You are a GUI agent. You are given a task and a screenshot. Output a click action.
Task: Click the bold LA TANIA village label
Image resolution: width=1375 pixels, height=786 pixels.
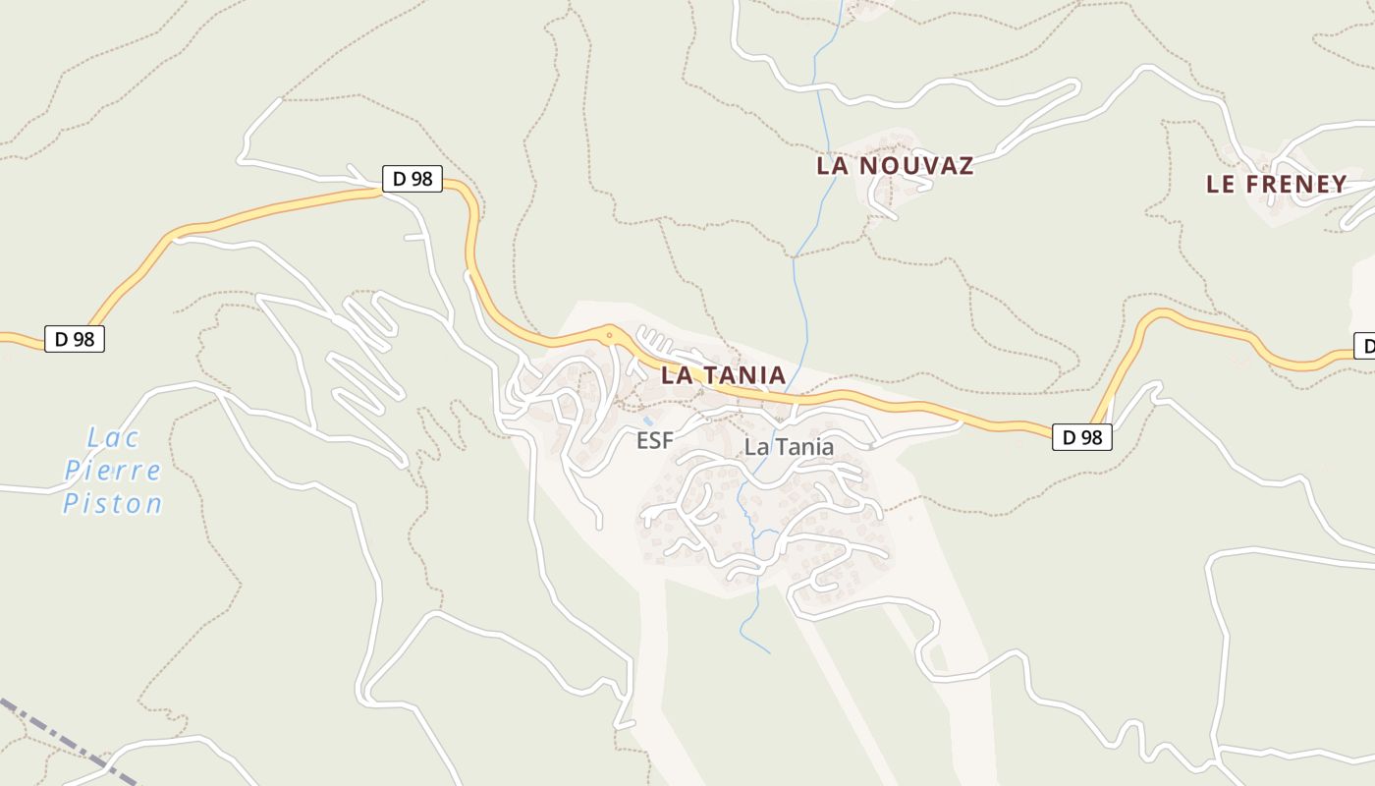coord(723,375)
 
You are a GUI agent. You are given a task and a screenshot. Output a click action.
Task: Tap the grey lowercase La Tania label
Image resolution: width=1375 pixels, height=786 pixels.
coord(789,447)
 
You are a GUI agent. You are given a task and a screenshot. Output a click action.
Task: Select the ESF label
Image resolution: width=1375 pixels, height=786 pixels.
coord(655,441)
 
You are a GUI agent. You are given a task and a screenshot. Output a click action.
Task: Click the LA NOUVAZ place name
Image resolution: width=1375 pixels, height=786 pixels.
coord(895,166)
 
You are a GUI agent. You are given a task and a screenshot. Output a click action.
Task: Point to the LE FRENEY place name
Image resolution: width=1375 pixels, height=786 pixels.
coord(1276,185)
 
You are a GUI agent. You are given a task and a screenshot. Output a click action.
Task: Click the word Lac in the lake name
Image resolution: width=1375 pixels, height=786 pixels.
coord(114,437)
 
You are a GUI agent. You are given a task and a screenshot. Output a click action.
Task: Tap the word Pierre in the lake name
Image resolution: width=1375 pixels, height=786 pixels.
coord(113,471)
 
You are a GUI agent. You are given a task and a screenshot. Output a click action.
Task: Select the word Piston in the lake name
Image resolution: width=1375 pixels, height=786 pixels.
coord(113,504)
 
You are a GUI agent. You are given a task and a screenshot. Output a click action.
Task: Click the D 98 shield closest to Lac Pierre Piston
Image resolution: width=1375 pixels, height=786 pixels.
coord(75,339)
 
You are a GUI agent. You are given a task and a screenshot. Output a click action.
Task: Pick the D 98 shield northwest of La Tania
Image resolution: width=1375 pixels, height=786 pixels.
coord(412,179)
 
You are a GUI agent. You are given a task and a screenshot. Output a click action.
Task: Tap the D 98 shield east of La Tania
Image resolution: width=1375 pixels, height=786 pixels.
coord(1082,437)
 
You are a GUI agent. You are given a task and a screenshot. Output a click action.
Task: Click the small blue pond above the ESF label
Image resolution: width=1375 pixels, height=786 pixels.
coord(647,421)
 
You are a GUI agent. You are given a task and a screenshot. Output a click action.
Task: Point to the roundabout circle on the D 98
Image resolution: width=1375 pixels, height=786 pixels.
coord(610,335)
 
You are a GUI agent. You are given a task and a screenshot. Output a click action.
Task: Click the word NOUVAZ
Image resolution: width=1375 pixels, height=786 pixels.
coord(916,166)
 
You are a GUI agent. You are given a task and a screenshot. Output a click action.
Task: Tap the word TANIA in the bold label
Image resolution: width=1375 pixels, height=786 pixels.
coord(745,375)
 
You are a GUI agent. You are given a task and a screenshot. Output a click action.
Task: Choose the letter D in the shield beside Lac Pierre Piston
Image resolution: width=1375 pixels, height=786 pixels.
coord(61,339)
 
